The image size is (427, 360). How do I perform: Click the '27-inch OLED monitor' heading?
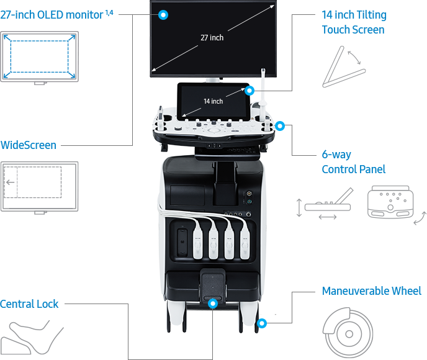(53, 14)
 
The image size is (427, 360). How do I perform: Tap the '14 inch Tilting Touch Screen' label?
(353, 22)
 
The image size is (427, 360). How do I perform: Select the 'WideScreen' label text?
(28, 145)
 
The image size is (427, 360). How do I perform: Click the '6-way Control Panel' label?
(353, 162)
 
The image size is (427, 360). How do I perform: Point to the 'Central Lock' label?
(29, 304)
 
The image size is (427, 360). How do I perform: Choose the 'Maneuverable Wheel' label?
(371, 291)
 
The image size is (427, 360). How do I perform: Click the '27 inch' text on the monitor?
(212, 38)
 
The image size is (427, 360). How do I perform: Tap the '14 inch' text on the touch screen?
(213, 101)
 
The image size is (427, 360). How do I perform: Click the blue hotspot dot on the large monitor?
(163, 14)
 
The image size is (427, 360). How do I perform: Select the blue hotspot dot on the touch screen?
(249, 91)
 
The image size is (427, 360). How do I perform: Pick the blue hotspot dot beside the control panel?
(280, 127)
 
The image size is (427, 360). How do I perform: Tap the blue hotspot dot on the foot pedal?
(213, 304)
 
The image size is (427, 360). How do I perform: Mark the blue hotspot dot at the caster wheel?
(262, 323)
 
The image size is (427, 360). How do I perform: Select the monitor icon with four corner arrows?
(39, 58)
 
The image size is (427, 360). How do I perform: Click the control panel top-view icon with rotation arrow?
(393, 204)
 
